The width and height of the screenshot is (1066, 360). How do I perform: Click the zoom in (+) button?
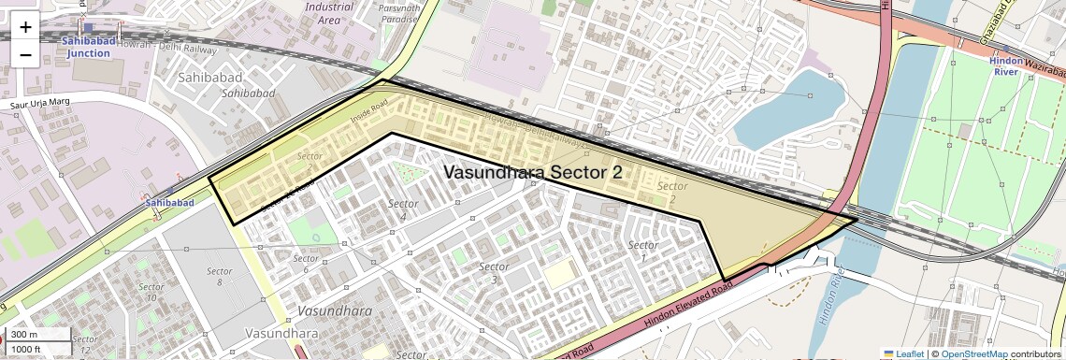click(x=25, y=28)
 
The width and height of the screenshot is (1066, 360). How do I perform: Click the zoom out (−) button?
click(x=25, y=54)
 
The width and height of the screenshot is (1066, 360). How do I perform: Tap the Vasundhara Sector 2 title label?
click(x=532, y=173)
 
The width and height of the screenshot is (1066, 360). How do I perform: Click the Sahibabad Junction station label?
click(x=88, y=48)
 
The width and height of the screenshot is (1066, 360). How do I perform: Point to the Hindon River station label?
click(x=1006, y=65)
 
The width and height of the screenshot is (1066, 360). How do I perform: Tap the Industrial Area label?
click(x=329, y=12)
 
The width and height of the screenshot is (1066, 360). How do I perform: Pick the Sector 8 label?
click(x=219, y=276)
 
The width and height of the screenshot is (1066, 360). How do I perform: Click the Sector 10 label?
click(x=151, y=292)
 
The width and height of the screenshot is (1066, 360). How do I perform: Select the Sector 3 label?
click(x=494, y=272)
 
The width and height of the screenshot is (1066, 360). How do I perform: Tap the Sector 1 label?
click(x=642, y=251)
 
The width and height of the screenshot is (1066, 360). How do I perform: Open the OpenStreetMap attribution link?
click(x=973, y=353)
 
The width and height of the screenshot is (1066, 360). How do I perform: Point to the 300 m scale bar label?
click(x=25, y=334)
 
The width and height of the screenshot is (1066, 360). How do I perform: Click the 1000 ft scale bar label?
click(x=27, y=349)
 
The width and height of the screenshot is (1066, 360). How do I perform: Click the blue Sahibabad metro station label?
click(x=169, y=202)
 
